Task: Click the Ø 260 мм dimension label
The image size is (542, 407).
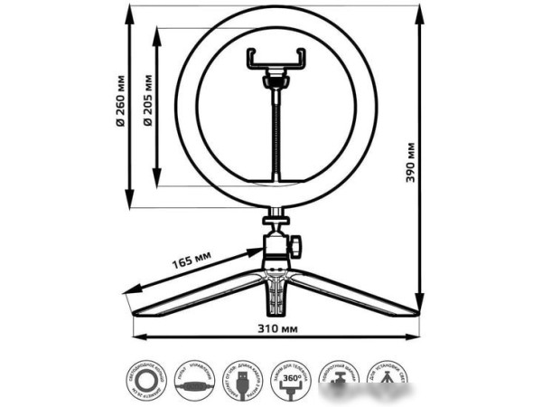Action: [x=119, y=99]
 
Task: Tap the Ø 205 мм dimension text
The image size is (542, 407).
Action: [x=147, y=99]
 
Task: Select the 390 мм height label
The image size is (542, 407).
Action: [x=411, y=163]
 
